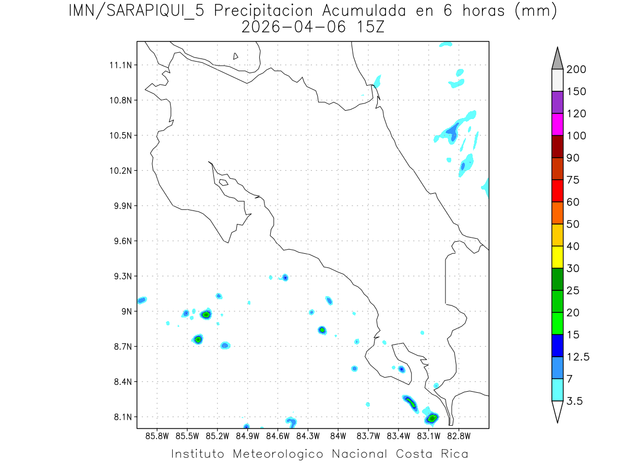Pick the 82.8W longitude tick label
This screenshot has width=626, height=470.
pyautogui.click(x=459, y=436)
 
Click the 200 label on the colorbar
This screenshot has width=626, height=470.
pyautogui.click(x=576, y=69)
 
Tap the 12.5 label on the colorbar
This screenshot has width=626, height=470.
pyautogui.click(x=577, y=357)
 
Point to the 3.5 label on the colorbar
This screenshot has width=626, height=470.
pyautogui.click(x=574, y=401)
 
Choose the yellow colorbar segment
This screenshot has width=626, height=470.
pyautogui.click(x=557, y=257)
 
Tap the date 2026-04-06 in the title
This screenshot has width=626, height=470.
pyautogui.click(x=294, y=27)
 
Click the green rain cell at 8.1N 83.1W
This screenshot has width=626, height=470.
pyautogui.click(x=432, y=418)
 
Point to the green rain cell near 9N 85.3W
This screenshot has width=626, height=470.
pyautogui.click(x=206, y=314)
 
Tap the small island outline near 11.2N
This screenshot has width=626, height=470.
pyautogui.click(x=236, y=56)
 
